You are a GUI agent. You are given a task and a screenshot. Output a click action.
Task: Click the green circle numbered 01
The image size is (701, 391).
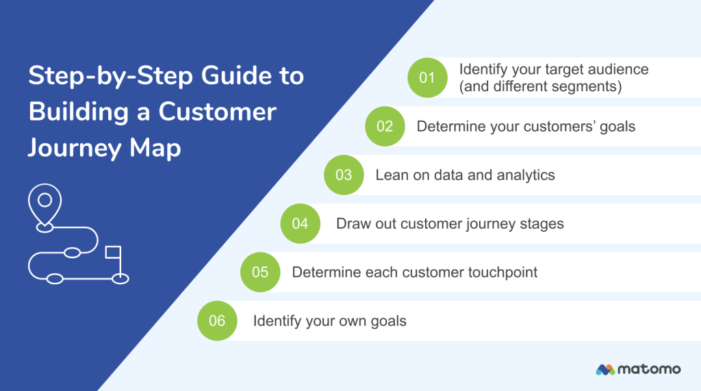(x=427, y=77)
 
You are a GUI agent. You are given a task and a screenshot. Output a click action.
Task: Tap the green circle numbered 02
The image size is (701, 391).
(x=385, y=126)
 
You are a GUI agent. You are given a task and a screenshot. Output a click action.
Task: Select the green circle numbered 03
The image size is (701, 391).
(x=344, y=175)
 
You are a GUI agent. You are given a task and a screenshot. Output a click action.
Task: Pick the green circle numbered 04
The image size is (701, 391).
(x=300, y=223)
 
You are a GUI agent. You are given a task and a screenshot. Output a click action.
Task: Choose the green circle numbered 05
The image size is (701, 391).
(x=260, y=272)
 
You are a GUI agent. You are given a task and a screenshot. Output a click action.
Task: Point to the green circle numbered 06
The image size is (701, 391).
(x=217, y=320)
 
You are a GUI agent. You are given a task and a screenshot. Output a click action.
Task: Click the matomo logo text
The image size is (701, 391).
(x=649, y=369)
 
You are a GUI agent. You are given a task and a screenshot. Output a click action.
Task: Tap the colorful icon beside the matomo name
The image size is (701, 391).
(x=605, y=369)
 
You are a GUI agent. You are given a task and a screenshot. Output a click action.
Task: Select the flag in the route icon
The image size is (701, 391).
(x=112, y=253)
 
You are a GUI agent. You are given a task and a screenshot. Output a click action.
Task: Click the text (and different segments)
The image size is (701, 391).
(x=540, y=86)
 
